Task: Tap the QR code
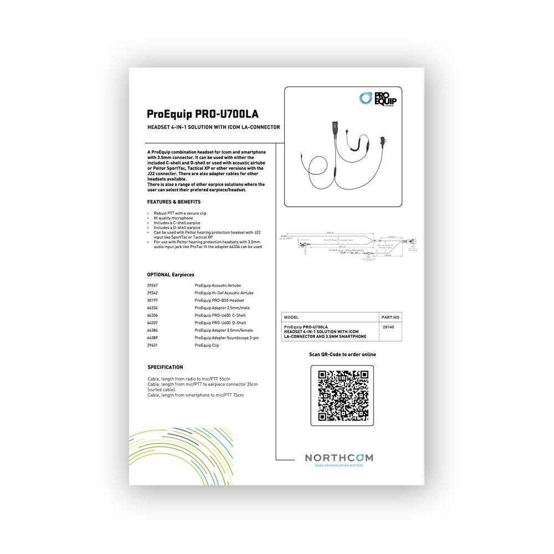(x=342, y=396)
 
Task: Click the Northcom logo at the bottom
(x=339, y=458)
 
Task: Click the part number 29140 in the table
(x=388, y=327)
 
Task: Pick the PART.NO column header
(x=391, y=317)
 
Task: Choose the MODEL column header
(x=291, y=317)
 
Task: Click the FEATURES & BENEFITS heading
(x=173, y=202)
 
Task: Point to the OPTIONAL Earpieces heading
(x=171, y=275)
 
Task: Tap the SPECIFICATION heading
(x=165, y=367)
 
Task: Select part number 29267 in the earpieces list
(x=153, y=285)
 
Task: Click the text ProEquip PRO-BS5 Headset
(x=220, y=300)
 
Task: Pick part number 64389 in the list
(x=153, y=337)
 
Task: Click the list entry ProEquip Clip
(x=207, y=345)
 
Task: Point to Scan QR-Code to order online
(x=342, y=355)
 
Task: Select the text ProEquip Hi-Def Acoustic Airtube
(x=224, y=293)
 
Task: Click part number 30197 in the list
(x=153, y=300)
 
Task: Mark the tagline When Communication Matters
(x=339, y=466)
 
